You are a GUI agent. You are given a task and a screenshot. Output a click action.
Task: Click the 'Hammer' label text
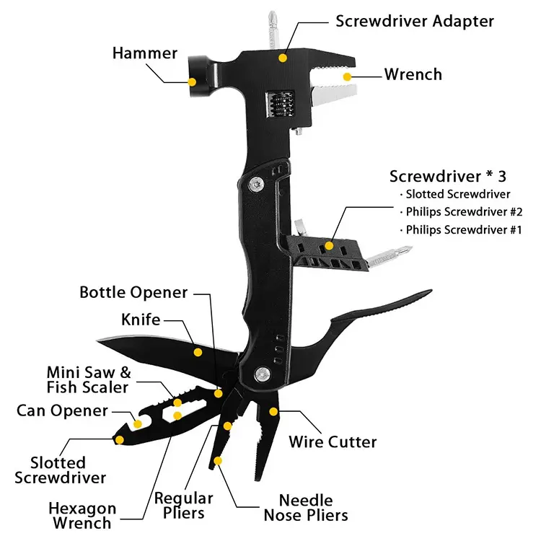click(x=144, y=53)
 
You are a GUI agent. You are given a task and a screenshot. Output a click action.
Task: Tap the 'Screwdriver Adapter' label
click(x=415, y=20)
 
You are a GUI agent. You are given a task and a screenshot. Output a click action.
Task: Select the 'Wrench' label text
click(x=413, y=74)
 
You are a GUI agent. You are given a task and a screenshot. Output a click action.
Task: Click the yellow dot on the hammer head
click(x=192, y=82)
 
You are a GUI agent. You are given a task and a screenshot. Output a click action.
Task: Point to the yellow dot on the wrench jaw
click(x=347, y=75)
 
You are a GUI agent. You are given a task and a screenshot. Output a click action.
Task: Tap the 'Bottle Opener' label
click(x=133, y=292)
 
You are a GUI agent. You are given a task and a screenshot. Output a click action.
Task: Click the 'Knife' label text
click(x=141, y=318)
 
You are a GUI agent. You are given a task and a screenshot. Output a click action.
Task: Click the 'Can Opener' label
click(x=62, y=410)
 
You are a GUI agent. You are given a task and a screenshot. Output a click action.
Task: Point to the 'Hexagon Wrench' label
click(x=82, y=516)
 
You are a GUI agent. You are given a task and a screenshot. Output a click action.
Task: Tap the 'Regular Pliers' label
click(x=184, y=505)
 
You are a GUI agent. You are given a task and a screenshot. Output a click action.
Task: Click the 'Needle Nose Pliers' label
click(x=306, y=507)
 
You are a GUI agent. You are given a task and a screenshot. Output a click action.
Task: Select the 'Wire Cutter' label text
click(x=333, y=441)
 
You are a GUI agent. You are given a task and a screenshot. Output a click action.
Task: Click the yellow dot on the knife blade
click(x=198, y=352)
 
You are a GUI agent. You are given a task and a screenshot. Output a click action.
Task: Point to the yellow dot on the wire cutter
click(x=273, y=411)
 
